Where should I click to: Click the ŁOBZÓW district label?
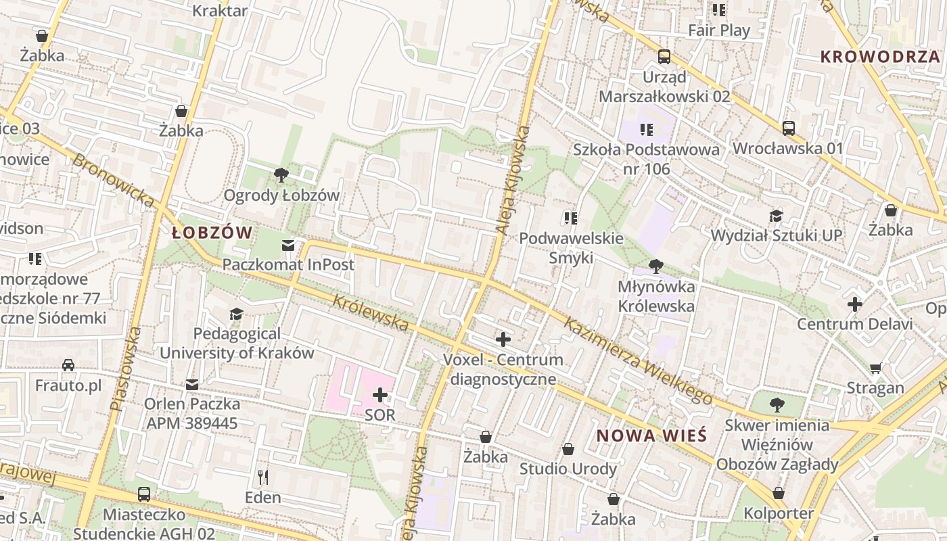(x=212, y=233)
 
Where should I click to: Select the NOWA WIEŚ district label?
(x=651, y=436)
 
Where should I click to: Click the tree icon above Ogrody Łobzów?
(x=281, y=176)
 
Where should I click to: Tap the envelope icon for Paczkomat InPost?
(x=289, y=245)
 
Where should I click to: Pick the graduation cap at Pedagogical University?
(x=236, y=314)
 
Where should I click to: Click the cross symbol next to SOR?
(x=380, y=395)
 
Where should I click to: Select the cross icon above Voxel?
(x=503, y=339)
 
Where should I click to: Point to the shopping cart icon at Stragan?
(x=876, y=369)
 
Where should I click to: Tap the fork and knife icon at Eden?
(x=263, y=477)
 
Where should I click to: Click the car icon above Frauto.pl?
(x=68, y=366)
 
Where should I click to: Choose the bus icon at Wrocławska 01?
(x=788, y=128)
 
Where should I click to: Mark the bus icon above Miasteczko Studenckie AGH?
(x=143, y=494)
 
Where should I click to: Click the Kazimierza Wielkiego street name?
(x=638, y=362)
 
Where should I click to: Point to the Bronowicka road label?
(x=112, y=179)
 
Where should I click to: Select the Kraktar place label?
(x=220, y=10)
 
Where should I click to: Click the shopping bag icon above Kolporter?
(x=779, y=494)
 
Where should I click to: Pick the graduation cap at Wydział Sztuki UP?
(x=776, y=216)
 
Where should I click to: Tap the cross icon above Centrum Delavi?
(x=855, y=304)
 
